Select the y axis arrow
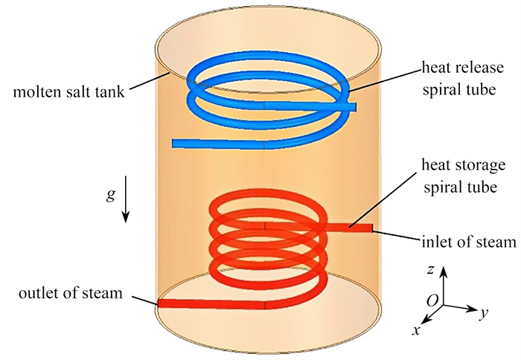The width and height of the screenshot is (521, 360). pos(461,306)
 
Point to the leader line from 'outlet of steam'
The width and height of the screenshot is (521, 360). pos(142,298)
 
